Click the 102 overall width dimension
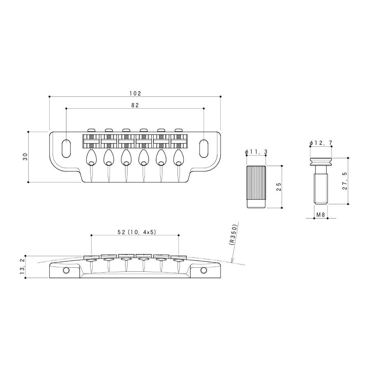(x=135, y=93)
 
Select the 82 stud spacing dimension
(x=135, y=105)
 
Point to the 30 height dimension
(x=25, y=157)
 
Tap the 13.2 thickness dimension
(x=23, y=266)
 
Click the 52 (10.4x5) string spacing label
(x=137, y=232)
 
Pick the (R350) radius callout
(x=233, y=235)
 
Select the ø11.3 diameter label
(x=256, y=152)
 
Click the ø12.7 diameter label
(x=321, y=143)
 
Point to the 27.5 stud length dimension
(x=345, y=181)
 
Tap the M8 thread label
(x=321, y=214)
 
